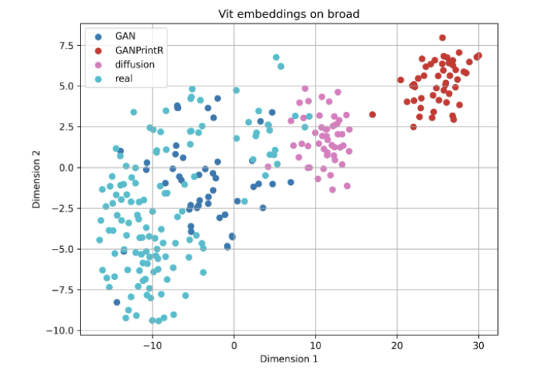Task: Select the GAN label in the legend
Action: coord(125,36)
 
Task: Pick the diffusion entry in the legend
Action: coord(135,64)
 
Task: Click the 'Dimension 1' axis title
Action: coord(288,359)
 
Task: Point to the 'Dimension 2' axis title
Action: coord(37,180)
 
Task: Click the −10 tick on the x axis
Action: coord(152,344)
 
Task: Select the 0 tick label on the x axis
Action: coord(234,344)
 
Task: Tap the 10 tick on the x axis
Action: coord(315,344)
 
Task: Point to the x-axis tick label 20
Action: coord(397,344)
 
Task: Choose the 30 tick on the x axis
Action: coord(478,344)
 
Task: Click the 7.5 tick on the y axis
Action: coord(65,45)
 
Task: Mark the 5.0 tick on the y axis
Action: coord(65,86)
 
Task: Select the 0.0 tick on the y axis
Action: coord(65,167)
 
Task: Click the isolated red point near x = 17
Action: coord(373,114)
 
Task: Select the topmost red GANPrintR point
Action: coord(442,37)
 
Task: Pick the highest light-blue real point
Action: coord(276,58)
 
